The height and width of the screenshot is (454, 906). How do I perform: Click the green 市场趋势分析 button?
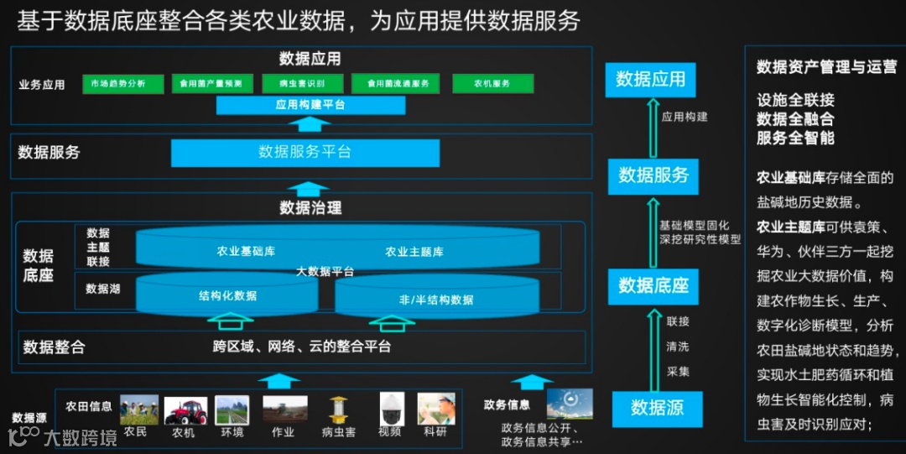coord(117,84)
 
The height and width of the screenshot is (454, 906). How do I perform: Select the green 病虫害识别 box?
coord(294,84)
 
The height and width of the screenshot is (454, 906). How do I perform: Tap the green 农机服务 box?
coord(492,84)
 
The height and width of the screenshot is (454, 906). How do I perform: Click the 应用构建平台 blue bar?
coord(310,105)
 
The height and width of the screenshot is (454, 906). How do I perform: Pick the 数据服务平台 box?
coord(305,153)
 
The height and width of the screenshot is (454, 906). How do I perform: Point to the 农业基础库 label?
coord(247,251)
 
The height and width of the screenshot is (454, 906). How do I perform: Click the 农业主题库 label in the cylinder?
coord(414,252)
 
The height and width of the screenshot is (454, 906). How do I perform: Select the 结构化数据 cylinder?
coord(227,295)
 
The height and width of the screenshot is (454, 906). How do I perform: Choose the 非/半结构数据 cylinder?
coord(435,299)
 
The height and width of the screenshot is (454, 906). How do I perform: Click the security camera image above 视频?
coord(391,410)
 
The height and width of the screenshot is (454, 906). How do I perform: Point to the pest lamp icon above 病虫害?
coord(339,410)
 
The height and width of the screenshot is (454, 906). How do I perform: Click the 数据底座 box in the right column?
coord(653,285)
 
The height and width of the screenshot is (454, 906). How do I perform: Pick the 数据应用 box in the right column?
coord(650,80)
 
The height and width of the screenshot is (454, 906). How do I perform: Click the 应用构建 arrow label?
coord(684,117)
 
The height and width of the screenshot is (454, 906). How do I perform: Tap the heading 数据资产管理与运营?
coord(826,67)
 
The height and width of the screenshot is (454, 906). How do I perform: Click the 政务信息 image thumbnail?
coord(570,404)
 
